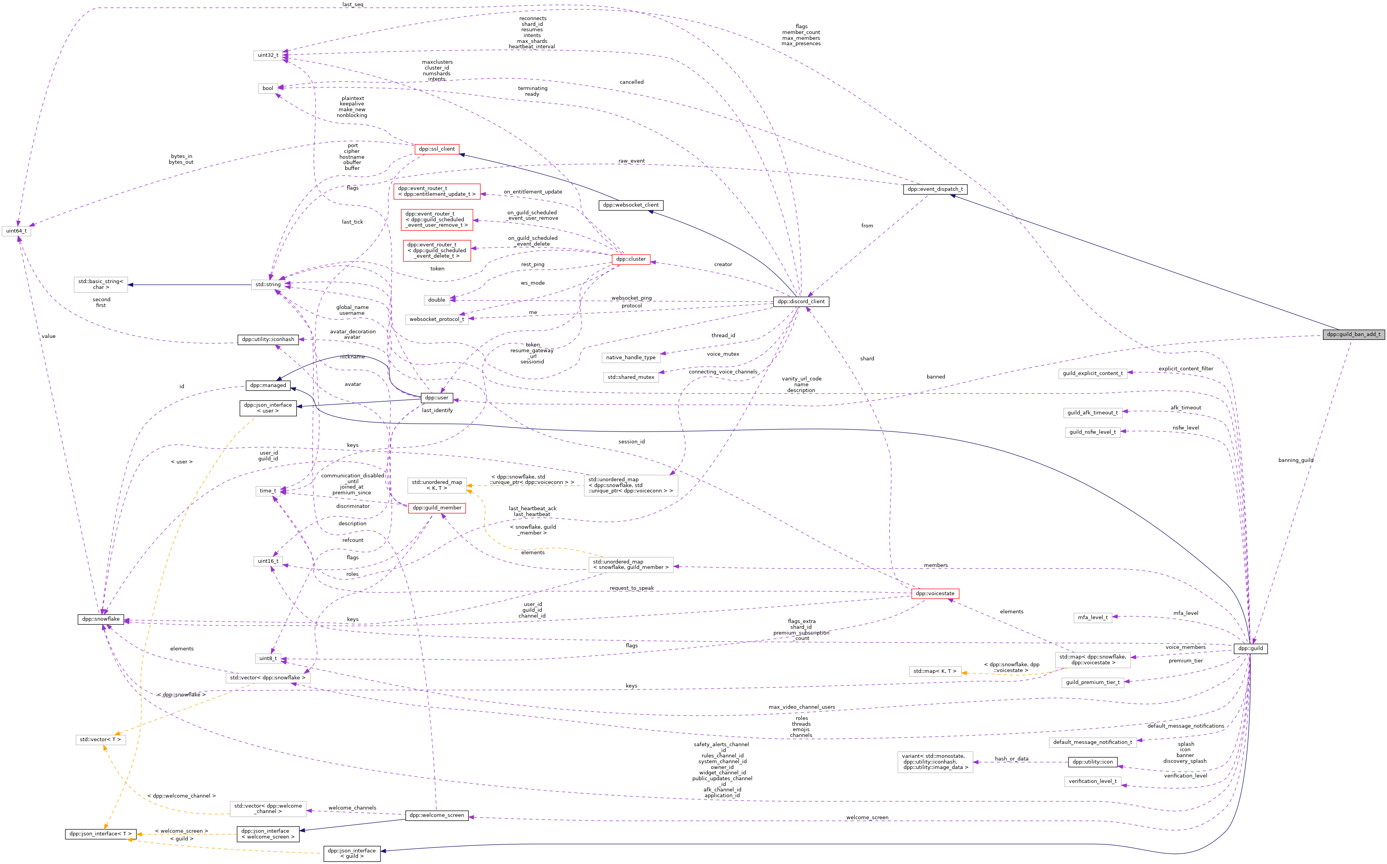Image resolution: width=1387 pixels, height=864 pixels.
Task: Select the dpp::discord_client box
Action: pyautogui.click(x=801, y=302)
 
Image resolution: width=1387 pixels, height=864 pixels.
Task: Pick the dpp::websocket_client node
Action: pyautogui.click(x=631, y=205)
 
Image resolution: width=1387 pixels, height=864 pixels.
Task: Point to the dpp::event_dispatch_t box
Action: pyautogui.click(x=934, y=189)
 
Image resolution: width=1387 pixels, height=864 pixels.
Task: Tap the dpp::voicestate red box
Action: pyautogui.click(x=934, y=594)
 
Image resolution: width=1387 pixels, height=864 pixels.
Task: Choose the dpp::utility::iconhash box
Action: pyautogui.click(x=268, y=339)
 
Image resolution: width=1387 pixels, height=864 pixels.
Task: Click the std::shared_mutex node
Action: pyautogui.click(x=631, y=377)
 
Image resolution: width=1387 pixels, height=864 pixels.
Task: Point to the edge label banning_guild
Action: pyautogui.click(x=1295, y=460)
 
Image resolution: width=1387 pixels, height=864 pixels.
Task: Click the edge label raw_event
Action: pyautogui.click(x=631, y=161)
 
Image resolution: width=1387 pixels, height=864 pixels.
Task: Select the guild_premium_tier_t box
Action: pyautogui.click(x=1092, y=682)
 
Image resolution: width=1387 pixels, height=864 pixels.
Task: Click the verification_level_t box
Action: pyautogui.click(x=1092, y=781)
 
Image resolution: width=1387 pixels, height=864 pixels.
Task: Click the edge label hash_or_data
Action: pyautogui.click(x=1011, y=759)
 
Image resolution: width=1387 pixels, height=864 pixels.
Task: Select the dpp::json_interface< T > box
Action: pyautogui.click(x=100, y=834)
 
